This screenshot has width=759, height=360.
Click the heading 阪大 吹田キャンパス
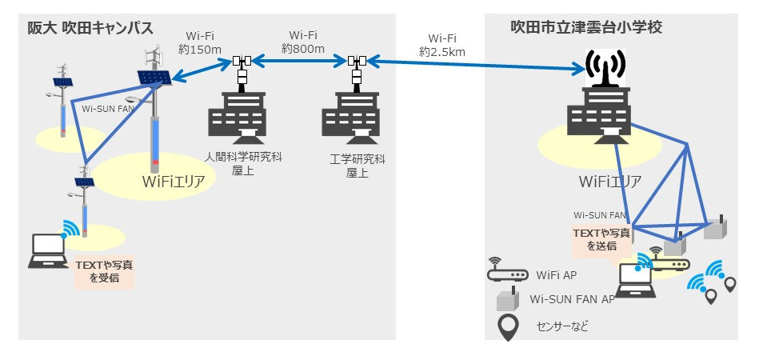[86, 28]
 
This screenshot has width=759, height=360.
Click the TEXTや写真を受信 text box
[103, 271]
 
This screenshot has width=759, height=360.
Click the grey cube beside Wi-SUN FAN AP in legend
[507, 301]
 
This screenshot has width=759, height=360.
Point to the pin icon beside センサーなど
[507, 327]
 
